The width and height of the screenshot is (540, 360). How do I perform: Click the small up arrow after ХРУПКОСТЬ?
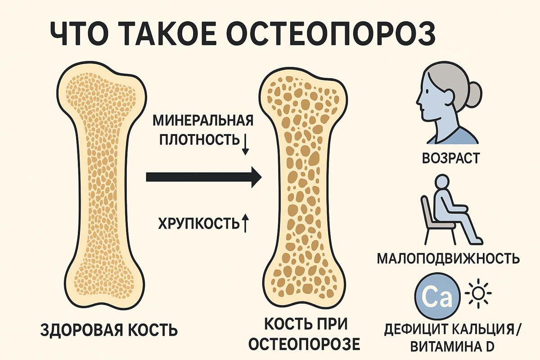coord(245,223)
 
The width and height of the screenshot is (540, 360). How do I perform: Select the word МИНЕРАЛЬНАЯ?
coord(203,121)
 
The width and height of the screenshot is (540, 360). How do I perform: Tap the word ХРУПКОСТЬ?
coord(197,223)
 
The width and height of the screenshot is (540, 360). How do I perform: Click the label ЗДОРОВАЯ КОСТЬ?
coord(109,330)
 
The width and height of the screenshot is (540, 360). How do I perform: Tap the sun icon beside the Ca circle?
coord(479,293)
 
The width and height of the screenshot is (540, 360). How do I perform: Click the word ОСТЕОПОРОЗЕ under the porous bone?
coord(304,344)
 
